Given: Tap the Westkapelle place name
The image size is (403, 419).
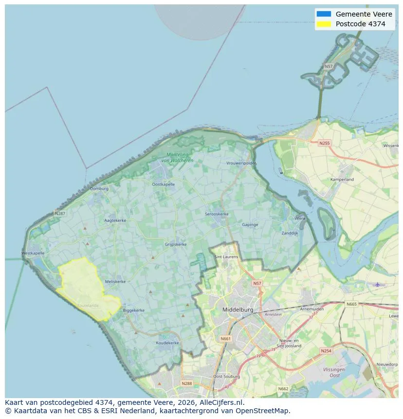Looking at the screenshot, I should click(x=33, y=253).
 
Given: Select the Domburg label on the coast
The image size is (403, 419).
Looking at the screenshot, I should click(x=99, y=188).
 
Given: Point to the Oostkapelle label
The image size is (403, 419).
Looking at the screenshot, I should click(x=163, y=184).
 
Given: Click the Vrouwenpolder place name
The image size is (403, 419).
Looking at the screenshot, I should click(x=241, y=164).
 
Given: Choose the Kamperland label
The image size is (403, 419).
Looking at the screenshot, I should click(x=342, y=180).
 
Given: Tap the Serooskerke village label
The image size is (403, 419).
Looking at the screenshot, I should click(x=217, y=214).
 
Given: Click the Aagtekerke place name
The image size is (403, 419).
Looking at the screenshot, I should click(x=115, y=220).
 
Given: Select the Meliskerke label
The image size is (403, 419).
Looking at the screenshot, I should click(x=115, y=281).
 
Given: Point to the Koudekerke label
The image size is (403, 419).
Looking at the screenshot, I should click(x=167, y=343).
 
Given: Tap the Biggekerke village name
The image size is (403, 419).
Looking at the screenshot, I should click(x=134, y=310).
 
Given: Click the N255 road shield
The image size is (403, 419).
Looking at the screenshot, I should click(x=324, y=143).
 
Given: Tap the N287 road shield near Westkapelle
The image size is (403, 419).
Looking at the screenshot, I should click(x=60, y=213).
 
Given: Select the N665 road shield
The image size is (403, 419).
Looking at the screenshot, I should click(x=351, y=304).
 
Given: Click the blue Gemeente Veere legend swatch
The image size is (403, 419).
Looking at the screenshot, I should click(x=323, y=14).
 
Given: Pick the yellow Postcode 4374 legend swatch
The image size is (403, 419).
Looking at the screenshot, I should click(x=323, y=24).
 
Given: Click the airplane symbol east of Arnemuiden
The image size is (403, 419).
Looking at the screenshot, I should click(x=378, y=284).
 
